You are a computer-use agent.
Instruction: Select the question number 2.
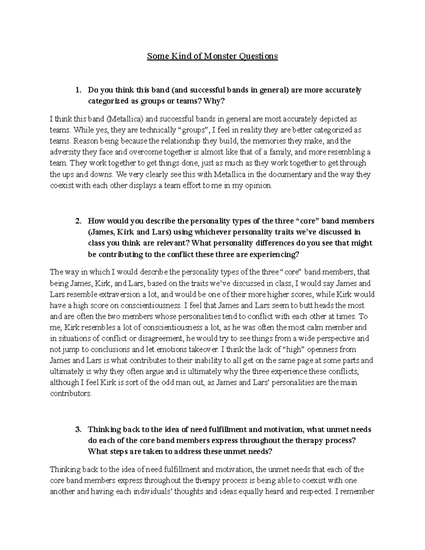click(78, 221)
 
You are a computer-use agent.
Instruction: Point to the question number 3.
click(78, 430)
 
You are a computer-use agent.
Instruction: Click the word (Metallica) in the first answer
click(125, 119)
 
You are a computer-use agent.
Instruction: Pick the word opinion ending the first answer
click(260, 186)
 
